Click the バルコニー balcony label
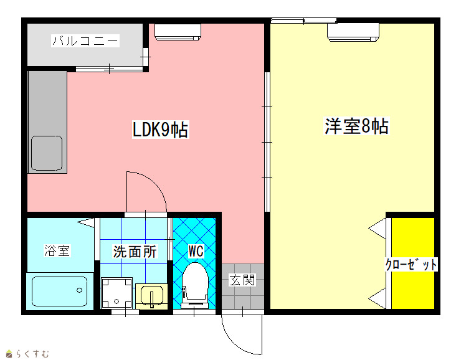pos(85,40)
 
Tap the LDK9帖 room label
pos(160,129)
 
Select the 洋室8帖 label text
pos(356,126)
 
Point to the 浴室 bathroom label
pos(57,250)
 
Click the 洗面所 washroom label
pos(135,252)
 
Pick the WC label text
pos(196,251)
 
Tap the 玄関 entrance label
pos(242,280)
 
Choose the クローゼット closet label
pos(411,264)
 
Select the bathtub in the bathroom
pos(60,291)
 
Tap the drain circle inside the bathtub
pos(79,290)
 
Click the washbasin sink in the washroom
pos(152,296)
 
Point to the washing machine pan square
pos(116,293)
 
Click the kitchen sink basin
pos(47,153)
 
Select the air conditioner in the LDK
pos(178,32)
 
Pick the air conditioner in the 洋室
pos(353,32)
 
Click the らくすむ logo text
pos(32,354)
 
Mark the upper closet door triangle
pos(378,229)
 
